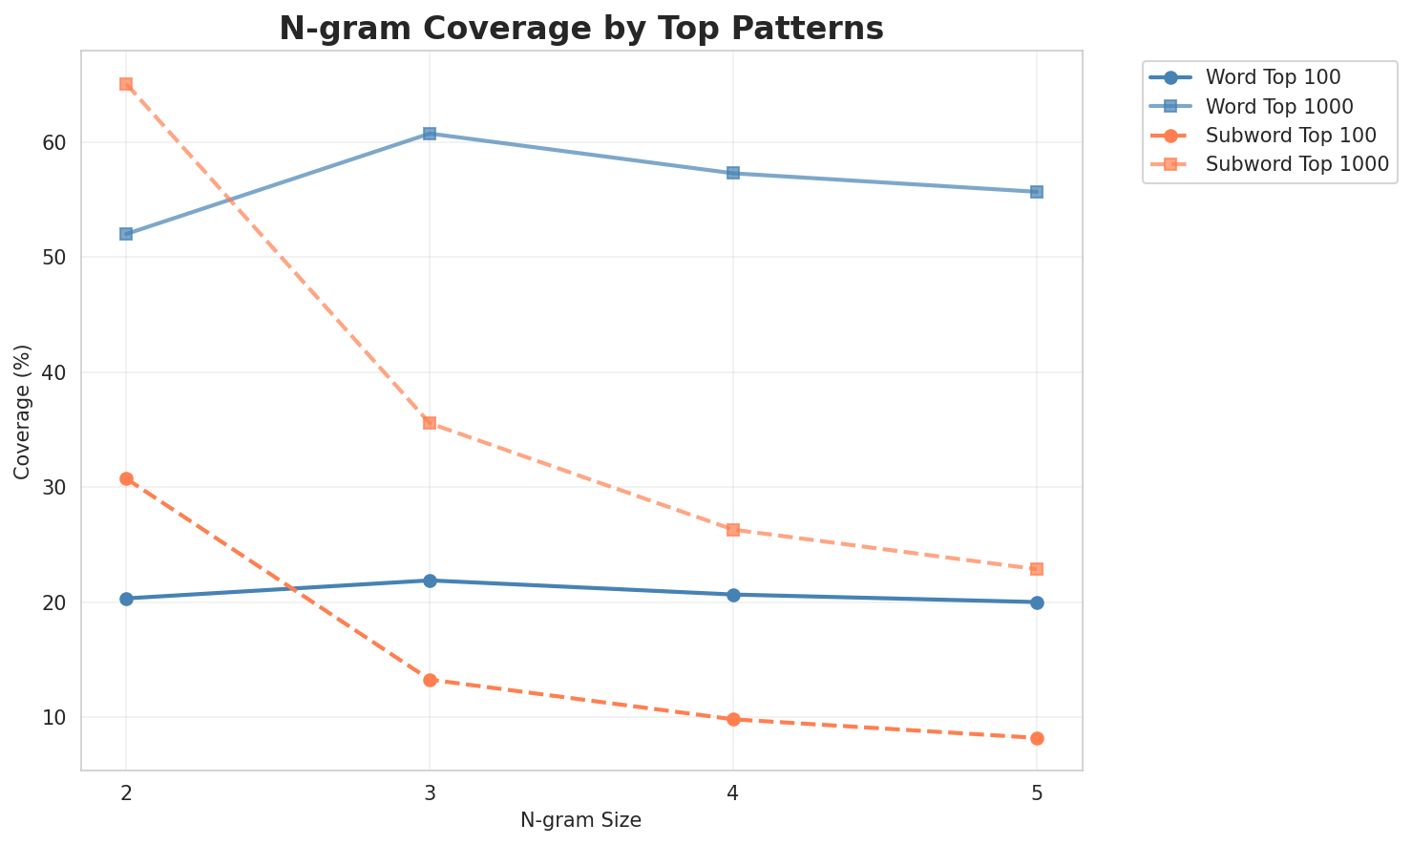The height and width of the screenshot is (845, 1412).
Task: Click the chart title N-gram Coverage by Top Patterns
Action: click(x=580, y=29)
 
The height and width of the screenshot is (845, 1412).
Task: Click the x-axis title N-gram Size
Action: click(x=580, y=820)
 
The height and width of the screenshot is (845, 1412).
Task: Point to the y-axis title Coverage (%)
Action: click(x=22, y=411)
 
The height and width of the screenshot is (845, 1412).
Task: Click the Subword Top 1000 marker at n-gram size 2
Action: click(x=126, y=84)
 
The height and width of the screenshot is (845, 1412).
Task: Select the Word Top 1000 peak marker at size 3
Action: click(x=430, y=134)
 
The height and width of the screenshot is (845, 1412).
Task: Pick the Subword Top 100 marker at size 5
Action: click(x=1037, y=738)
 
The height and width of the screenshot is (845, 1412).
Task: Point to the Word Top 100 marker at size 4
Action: click(x=733, y=595)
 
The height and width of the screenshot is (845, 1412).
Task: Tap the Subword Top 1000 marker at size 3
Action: click(x=430, y=423)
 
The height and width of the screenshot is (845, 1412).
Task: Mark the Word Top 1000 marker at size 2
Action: click(x=126, y=234)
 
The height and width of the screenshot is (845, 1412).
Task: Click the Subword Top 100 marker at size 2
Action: click(x=126, y=478)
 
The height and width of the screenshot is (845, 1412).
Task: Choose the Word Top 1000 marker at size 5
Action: click(x=1037, y=192)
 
